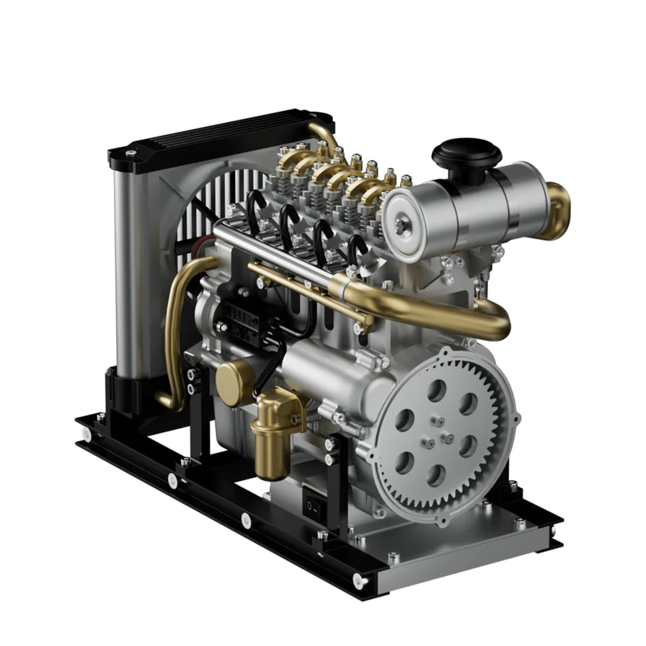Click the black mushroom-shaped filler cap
(x=466, y=154)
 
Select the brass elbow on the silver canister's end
(x=557, y=211)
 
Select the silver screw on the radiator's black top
(x=130, y=153)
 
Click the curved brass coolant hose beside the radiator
(x=174, y=324)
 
